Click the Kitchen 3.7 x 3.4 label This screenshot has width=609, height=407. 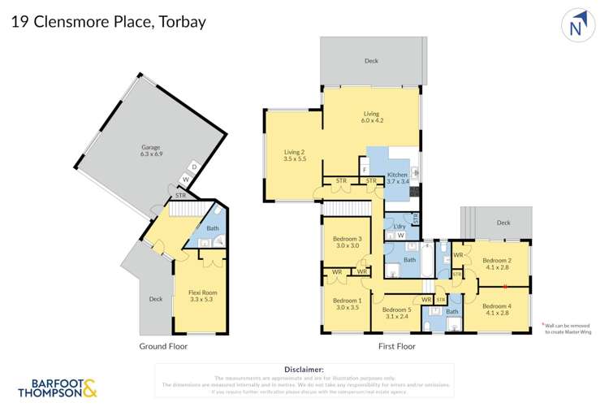pyautogui.click(x=397, y=180)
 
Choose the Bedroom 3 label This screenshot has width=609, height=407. pyautogui.click(x=347, y=242)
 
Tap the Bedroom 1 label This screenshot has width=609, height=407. pyautogui.click(x=347, y=304)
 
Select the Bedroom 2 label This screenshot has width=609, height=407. pyautogui.click(x=499, y=265)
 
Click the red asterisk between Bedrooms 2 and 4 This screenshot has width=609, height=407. pyautogui.click(x=505, y=285)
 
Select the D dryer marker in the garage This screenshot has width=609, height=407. pyautogui.click(x=193, y=167)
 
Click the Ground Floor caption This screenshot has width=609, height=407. pyautogui.click(x=163, y=346)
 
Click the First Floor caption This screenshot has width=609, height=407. pyautogui.click(x=396, y=346)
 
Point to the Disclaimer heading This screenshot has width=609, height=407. pyautogui.click(x=304, y=370)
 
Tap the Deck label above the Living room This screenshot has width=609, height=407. pyautogui.click(x=371, y=61)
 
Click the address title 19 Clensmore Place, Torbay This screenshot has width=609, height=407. pyautogui.click(x=108, y=22)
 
